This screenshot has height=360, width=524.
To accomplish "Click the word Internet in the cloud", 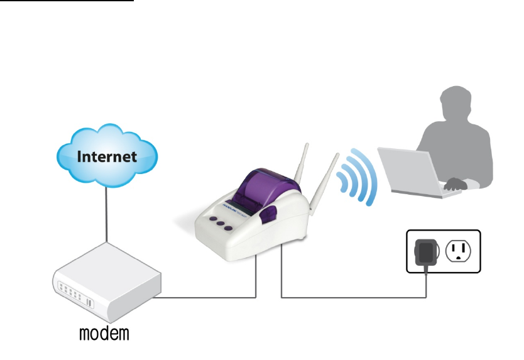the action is (x=106, y=156).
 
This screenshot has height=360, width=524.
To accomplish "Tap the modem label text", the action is (x=104, y=332).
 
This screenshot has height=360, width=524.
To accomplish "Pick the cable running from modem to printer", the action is (x=207, y=297).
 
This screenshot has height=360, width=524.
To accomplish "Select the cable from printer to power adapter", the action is (x=352, y=297).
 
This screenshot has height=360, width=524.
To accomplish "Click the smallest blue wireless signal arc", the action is (x=343, y=183).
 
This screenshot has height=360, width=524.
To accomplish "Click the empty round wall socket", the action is (x=458, y=251).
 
